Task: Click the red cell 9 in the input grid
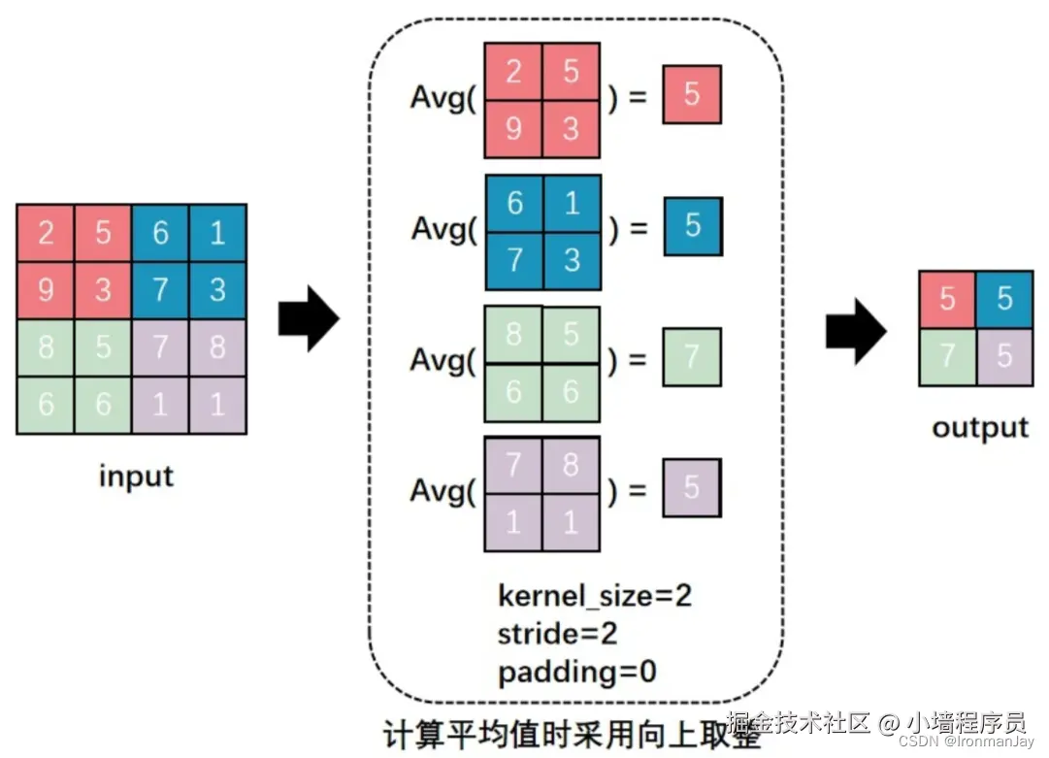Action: pos(45,290)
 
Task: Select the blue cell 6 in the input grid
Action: pos(160,233)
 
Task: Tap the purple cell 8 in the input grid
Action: pos(217,347)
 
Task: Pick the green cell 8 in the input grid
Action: pos(45,347)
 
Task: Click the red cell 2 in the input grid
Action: pos(45,233)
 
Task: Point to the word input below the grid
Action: pos(136,477)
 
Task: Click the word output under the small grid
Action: pos(980,428)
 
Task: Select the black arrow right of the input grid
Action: pos(309,318)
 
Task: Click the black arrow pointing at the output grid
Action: pos(856,332)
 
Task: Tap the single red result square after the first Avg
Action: pos(692,94)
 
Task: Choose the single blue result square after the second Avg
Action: pos(693,226)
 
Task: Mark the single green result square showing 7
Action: pos(692,357)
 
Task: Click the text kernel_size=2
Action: pos(595,595)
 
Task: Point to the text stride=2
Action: pos(558,634)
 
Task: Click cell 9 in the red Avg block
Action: pos(513,127)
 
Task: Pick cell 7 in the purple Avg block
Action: pos(513,465)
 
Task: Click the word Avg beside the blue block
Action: pos(440,229)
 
